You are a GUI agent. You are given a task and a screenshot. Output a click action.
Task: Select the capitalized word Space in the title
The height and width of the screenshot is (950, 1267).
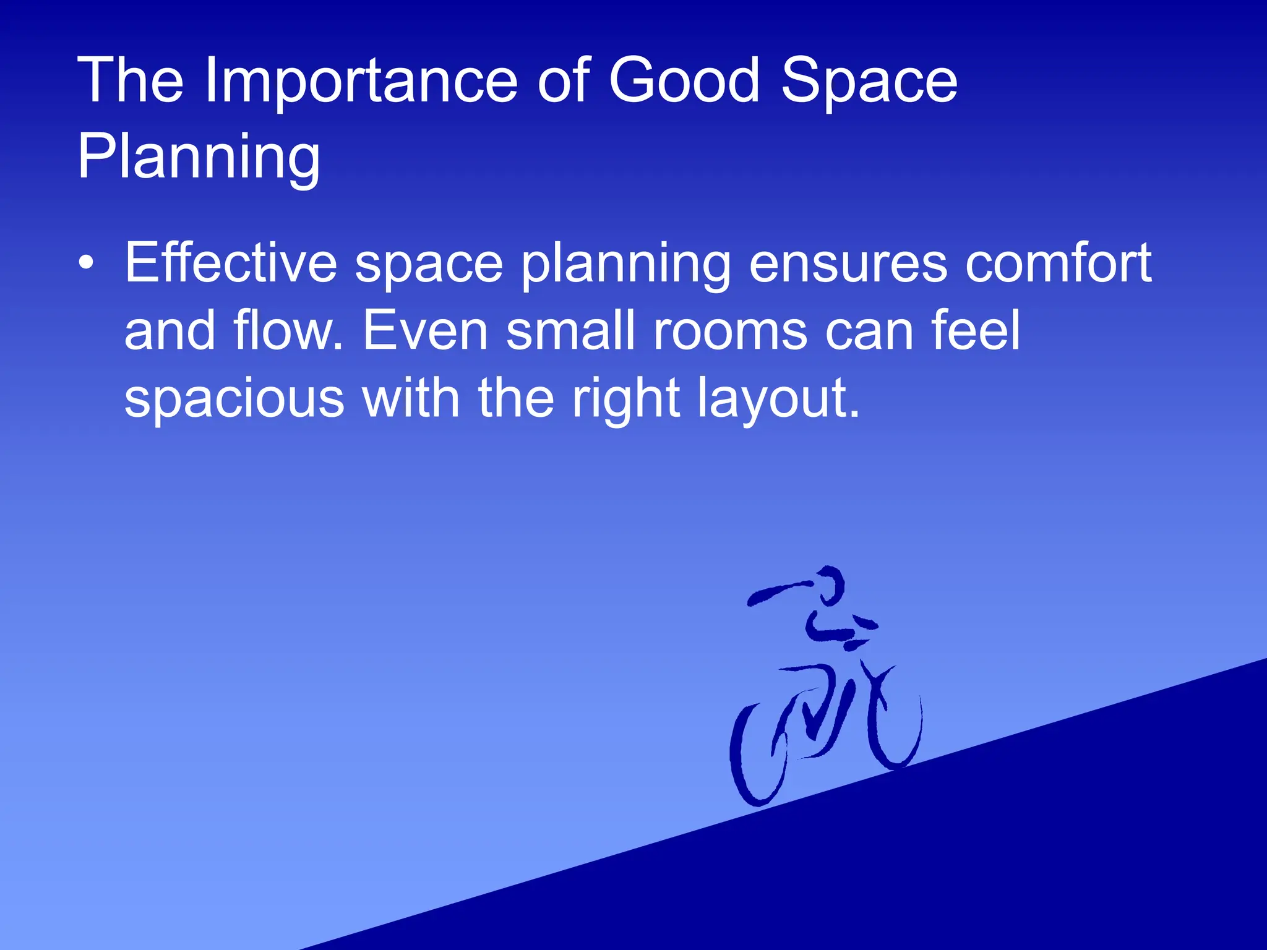(869, 80)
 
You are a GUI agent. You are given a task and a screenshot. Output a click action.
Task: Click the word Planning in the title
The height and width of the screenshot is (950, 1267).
(199, 157)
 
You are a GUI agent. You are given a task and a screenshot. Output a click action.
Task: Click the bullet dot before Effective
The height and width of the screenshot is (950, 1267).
(87, 263)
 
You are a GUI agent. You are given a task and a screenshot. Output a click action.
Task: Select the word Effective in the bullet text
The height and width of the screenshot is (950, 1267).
(230, 263)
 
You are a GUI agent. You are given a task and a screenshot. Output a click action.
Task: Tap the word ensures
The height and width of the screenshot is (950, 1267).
(848, 263)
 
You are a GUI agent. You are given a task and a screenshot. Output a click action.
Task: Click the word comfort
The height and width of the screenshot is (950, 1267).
(1058, 263)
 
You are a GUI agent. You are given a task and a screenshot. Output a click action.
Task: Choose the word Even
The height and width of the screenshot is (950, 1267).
(426, 331)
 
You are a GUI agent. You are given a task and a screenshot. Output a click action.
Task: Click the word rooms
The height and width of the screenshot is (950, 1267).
(730, 331)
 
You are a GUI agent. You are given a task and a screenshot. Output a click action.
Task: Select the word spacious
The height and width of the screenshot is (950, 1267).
(234, 398)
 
